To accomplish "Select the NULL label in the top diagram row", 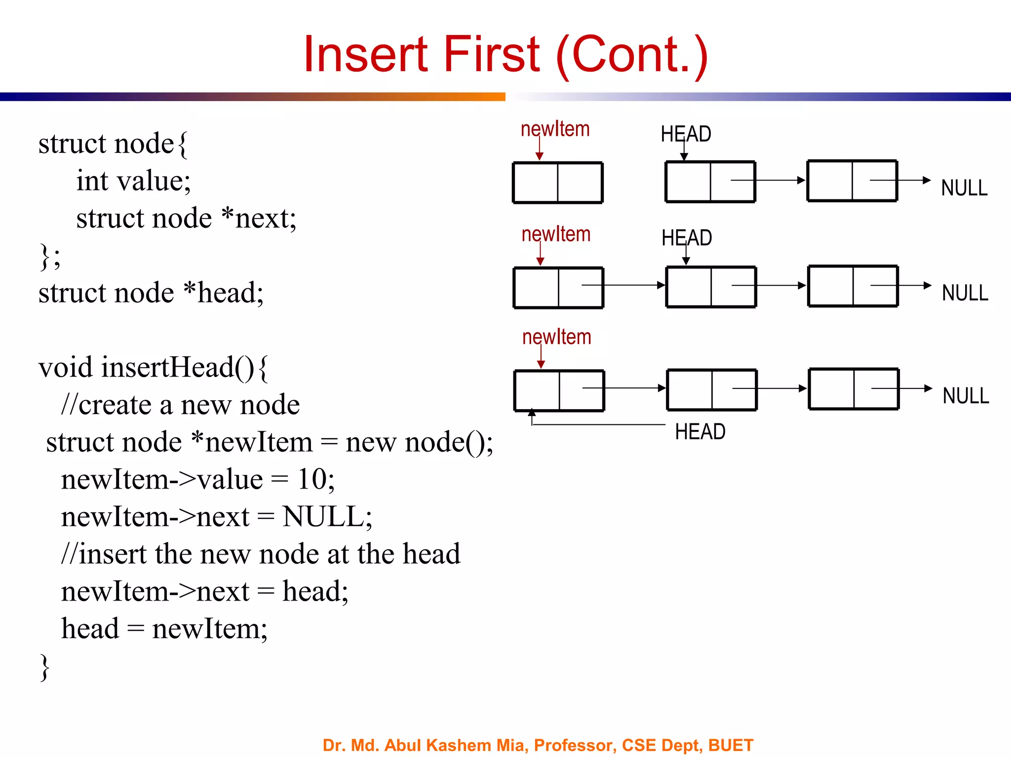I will click(964, 188).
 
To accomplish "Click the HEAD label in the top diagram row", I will click(686, 134).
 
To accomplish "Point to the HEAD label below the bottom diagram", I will click(700, 432).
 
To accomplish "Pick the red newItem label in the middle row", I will click(556, 234).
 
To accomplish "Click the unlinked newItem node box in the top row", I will click(558, 183).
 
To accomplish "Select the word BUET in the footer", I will click(731, 745).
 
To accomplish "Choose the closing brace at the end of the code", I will click(44, 667).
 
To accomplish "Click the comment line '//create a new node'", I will click(180, 405).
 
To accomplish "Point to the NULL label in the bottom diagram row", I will click(966, 396).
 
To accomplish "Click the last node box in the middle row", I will click(853, 286).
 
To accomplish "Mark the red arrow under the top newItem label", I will click(540, 148).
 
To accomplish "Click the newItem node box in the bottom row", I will click(559, 390).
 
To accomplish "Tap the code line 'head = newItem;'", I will click(164, 629).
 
